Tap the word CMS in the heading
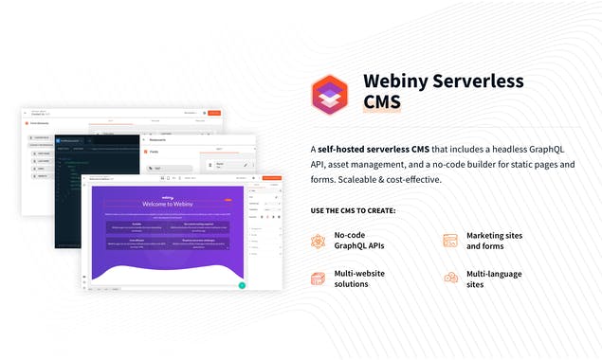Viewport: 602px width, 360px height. point(382,102)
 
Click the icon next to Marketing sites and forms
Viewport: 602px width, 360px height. point(450,241)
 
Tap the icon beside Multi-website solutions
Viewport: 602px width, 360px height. point(319,278)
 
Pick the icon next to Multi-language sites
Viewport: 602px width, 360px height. point(450,278)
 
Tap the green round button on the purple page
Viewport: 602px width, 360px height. point(242,284)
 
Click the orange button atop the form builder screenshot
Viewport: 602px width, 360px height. point(214,113)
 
